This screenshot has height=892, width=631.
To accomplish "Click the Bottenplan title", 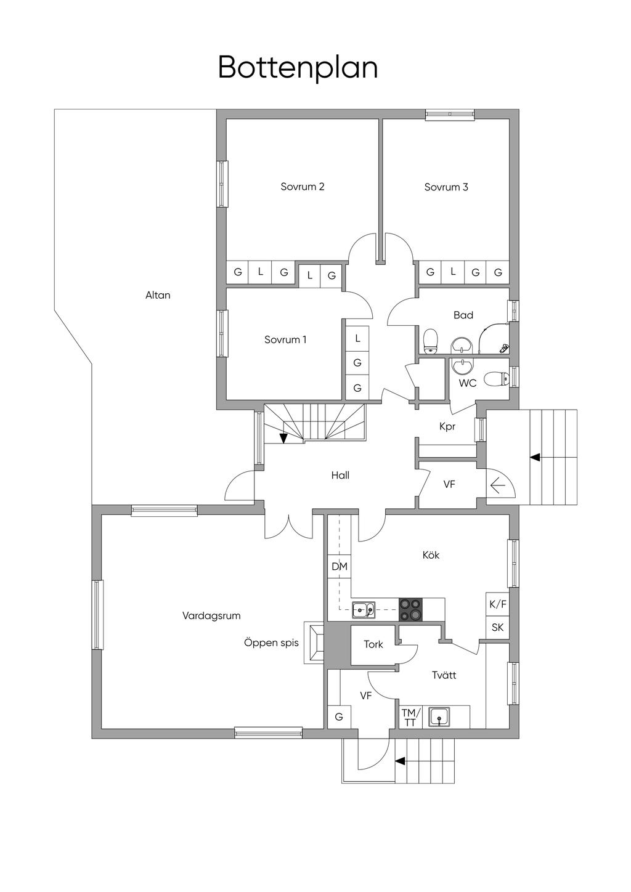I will coord(298,68).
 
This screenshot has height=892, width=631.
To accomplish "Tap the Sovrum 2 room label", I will coord(302,187).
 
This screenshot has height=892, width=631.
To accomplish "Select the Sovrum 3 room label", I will coord(446,187).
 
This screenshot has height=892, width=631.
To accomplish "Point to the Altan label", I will coord(158,295).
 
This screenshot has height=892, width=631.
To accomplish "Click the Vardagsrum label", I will coord(211,615).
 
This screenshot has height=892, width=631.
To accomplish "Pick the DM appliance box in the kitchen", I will coord(339,567).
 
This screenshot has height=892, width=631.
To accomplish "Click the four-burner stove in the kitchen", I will coord(411,609).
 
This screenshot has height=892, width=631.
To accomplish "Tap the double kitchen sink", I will coord(364,610).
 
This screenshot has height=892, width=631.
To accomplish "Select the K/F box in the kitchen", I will coord(498,604).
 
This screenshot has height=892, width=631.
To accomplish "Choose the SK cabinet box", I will coord(498,628).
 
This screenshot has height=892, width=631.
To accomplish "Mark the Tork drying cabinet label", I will coord(373,644).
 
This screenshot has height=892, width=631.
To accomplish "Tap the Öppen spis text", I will coord(271,643).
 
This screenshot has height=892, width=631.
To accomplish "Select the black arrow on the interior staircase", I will coord(283,438).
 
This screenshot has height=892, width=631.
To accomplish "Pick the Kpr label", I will coord(447,426).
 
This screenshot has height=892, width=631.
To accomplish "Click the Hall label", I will coord(340,475).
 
